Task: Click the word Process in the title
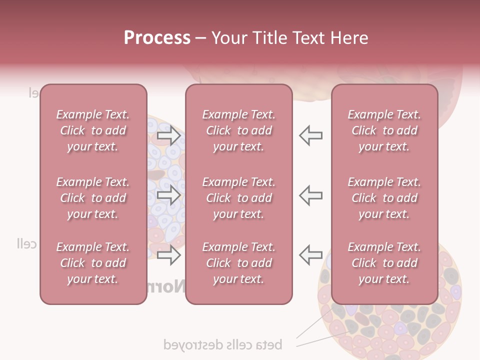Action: point(157,37)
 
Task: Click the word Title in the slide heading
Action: point(270,38)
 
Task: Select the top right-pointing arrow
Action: point(169,135)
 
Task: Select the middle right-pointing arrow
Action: point(169,195)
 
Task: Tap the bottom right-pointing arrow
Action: point(169,255)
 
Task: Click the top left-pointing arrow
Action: point(311,135)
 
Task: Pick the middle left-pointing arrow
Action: point(311,195)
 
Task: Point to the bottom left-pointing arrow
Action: point(311,255)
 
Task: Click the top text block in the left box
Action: point(93,130)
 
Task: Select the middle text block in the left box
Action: point(93,198)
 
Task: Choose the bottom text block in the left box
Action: point(93,263)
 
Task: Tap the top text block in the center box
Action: point(239,130)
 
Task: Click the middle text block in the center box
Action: point(239,198)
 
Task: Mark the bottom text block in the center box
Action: point(239,263)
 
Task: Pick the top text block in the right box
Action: point(384,130)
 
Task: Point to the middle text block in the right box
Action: point(384,198)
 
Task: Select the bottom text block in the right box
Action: point(384,263)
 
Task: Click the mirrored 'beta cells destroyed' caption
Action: point(223,344)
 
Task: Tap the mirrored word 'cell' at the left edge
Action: point(26,244)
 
